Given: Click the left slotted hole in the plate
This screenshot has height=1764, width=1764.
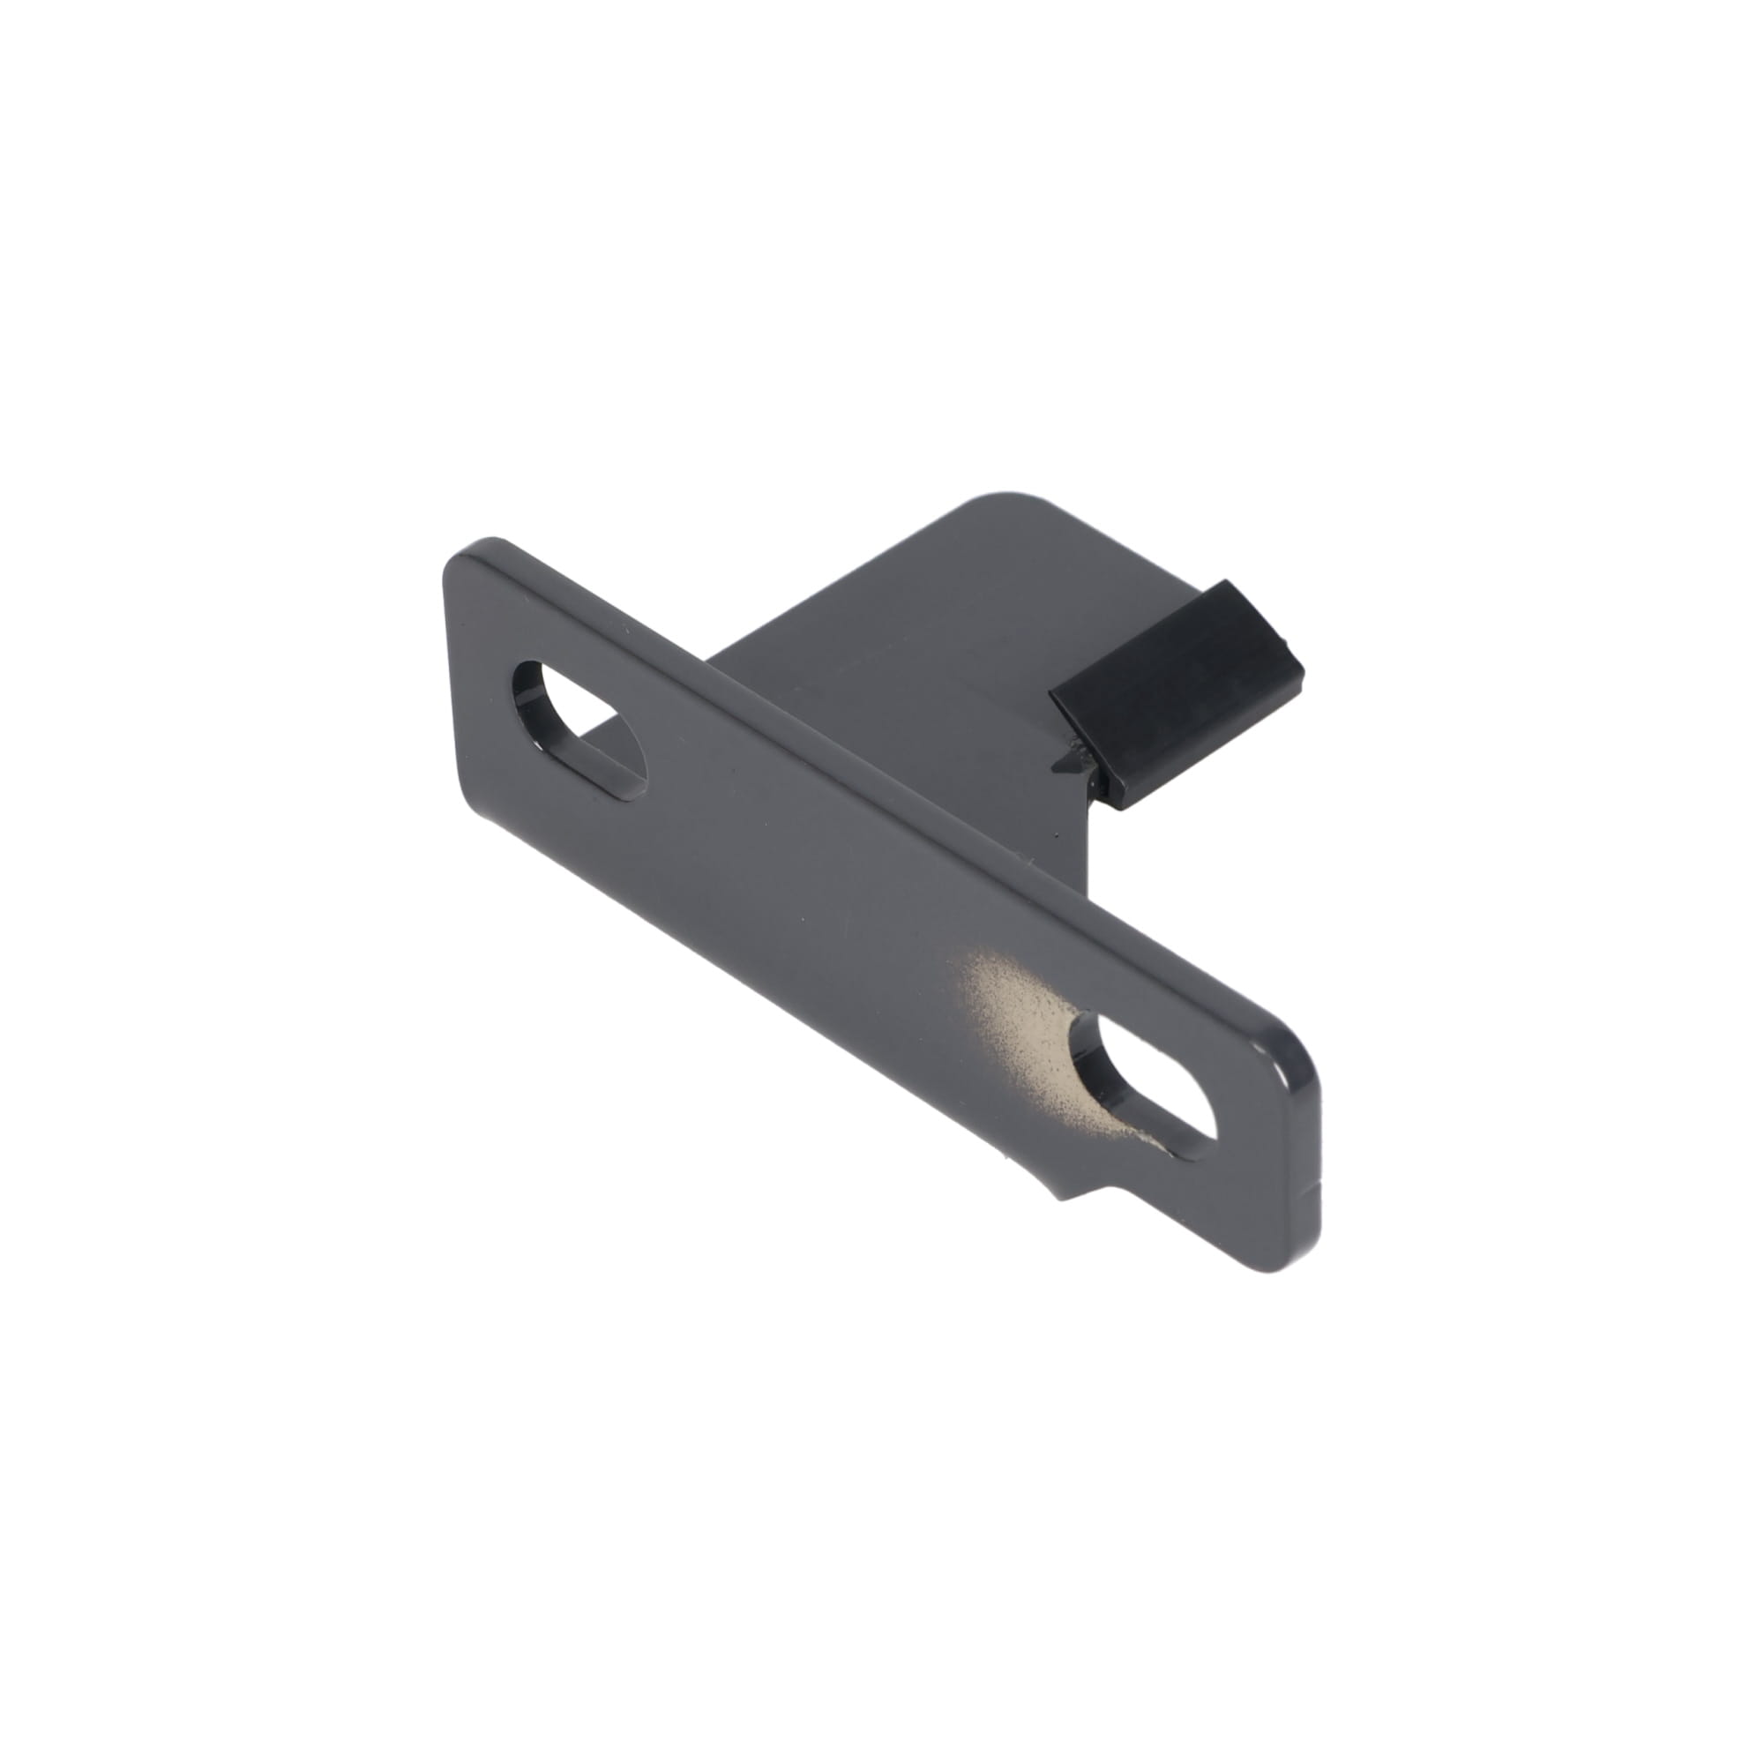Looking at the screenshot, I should pyautogui.click(x=581, y=730).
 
